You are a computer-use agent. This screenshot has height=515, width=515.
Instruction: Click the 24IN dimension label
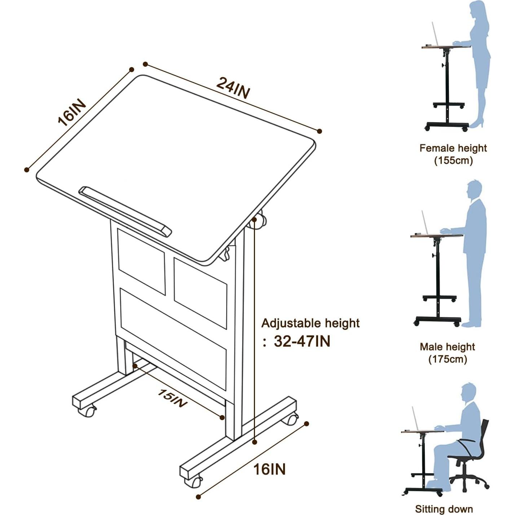click(233, 88)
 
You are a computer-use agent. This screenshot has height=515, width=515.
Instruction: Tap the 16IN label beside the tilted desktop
click(72, 113)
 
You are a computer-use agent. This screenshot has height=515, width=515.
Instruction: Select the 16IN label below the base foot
click(269, 469)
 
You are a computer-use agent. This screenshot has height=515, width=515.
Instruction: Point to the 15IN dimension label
click(172, 398)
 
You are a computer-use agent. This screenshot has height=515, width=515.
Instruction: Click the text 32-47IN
click(302, 341)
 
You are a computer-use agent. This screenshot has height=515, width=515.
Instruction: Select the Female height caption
click(453, 148)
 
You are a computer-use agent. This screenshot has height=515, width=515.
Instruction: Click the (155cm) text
click(453, 160)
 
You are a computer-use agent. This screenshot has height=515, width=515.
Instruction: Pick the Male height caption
click(447, 347)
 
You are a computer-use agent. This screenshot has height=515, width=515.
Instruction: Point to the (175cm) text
click(448, 359)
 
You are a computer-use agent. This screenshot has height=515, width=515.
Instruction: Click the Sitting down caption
click(444, 509)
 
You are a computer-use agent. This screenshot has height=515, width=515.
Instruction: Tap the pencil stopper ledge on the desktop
click(125, 212)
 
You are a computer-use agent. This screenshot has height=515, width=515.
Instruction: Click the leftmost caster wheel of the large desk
click(87, 411)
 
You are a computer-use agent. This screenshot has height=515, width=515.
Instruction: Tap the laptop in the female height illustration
click(436, 34)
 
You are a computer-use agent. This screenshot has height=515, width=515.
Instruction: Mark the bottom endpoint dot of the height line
click(255, 442)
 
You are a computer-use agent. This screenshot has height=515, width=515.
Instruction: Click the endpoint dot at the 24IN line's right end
click(319, 131)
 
